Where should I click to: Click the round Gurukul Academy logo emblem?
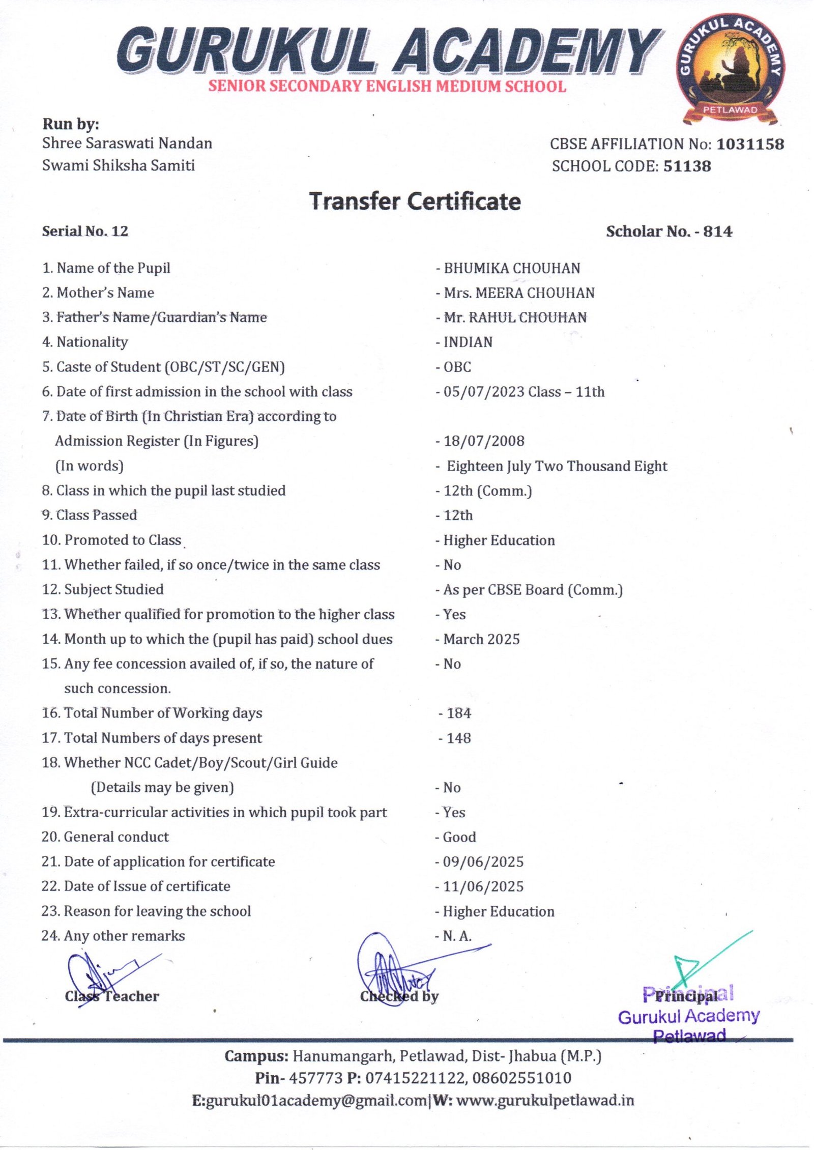731,69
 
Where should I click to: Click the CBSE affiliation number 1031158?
750,145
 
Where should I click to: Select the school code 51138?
687,166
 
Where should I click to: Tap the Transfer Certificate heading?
415,202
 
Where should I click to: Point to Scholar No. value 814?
718,232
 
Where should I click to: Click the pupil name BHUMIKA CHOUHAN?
512,269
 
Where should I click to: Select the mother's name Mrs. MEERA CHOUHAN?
519,293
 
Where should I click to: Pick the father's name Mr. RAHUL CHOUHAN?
515,318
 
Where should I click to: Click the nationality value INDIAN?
468,342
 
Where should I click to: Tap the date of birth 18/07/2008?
484,441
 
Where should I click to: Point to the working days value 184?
459,713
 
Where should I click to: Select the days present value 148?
459,738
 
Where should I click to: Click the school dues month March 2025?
482,640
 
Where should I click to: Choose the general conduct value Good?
459,837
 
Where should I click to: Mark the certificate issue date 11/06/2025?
483,886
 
